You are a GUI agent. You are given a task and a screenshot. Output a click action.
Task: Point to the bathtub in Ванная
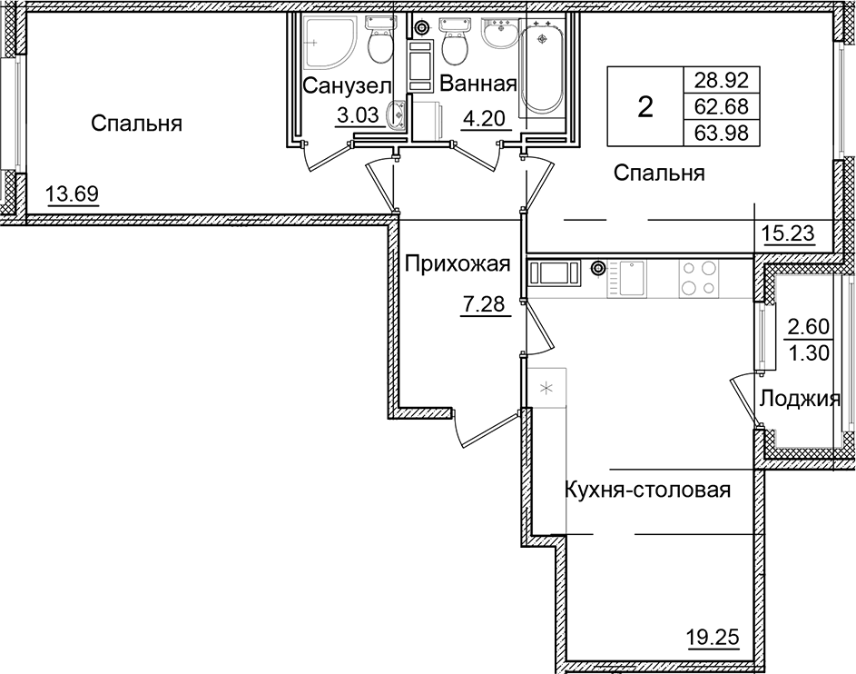click(x=542, y=68)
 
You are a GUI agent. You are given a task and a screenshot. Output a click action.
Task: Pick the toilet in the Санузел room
click(x=379, y=40)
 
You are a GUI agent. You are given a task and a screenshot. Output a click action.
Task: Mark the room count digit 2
click(x=644, y=108)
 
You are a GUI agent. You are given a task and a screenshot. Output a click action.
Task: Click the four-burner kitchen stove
click(x=698, y=278)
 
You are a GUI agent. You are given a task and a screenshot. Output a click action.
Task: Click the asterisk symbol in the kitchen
click(x=546, y=389)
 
